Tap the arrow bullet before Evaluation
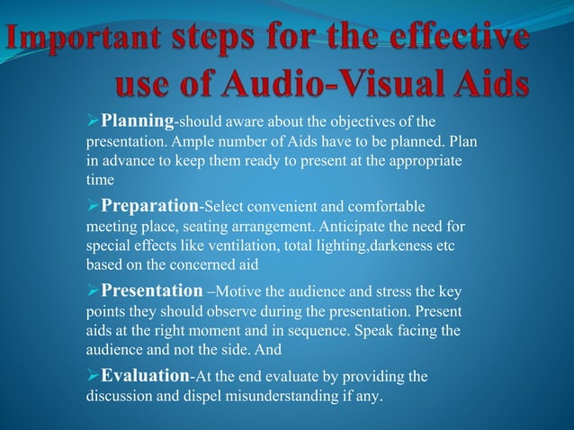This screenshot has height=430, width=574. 91,375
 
